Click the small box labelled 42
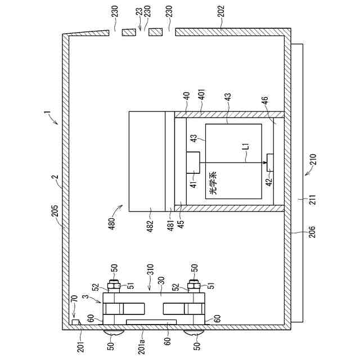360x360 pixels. pyautogui.click(x=269, y=162)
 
